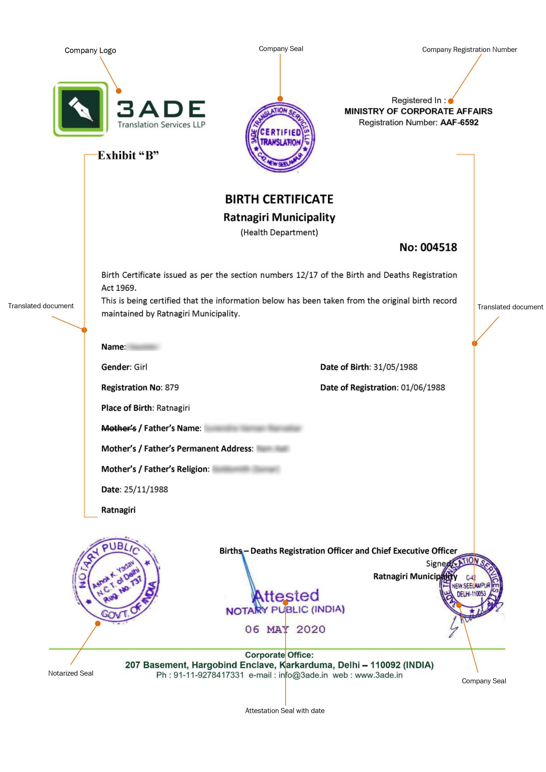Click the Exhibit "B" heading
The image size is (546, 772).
[128, 155]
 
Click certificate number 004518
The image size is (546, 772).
[438, 248]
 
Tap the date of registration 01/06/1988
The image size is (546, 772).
[423, 387]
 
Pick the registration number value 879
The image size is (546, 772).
[172, 387]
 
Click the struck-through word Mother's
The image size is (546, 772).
[119, 428]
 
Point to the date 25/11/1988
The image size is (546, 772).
[146, 489]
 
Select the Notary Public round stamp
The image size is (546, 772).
[116, 580]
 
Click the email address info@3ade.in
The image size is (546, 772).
[303, 675]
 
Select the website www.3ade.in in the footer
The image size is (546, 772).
[379, 675]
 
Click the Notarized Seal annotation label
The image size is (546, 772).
[71, 673]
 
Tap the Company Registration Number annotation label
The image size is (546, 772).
[469, 50]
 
